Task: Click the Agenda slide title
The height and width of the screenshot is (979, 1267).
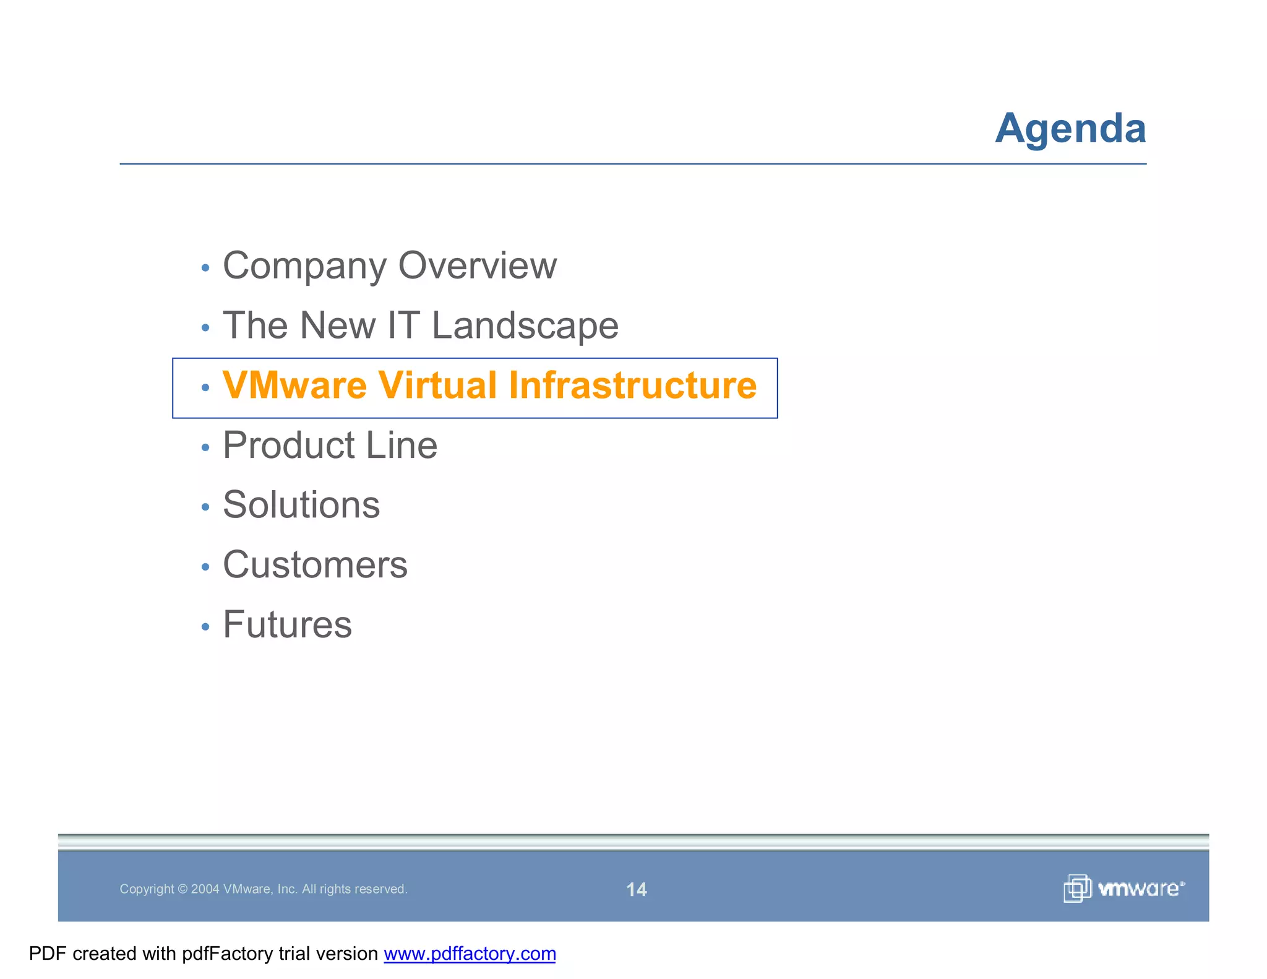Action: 1070,129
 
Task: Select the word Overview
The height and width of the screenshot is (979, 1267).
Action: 477,266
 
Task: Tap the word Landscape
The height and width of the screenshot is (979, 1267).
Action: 525,326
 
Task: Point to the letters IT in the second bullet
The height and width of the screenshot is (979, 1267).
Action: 403,326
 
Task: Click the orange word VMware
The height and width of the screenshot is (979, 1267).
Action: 294,386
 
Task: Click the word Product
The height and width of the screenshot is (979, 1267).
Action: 289,446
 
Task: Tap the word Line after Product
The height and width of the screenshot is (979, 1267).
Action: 402,446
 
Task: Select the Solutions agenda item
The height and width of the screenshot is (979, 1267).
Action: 301,505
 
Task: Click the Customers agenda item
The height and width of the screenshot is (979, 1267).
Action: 315,565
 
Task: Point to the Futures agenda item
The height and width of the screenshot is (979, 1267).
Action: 287,624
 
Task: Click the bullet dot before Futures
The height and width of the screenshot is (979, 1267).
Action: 205,627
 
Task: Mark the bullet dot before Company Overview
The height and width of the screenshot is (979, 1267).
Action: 205,269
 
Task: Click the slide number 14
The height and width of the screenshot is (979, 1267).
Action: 637,889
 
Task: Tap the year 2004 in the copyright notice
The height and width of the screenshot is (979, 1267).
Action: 205,889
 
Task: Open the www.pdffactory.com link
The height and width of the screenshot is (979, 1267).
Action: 470,954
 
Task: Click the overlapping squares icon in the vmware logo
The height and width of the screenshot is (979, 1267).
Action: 1077,889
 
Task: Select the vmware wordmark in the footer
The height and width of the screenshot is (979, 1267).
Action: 1140,889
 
